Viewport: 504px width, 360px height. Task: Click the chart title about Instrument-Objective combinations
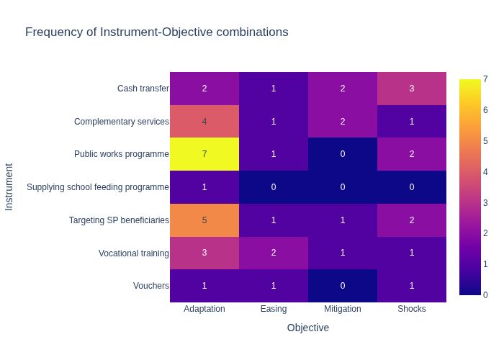(156, 32)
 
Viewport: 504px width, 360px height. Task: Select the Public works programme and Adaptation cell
(204, 154)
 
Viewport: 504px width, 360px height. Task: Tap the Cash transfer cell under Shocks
(412, 89)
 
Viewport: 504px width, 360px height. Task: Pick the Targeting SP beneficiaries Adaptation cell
(204, 220)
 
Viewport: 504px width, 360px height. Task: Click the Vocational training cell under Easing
(274, 253)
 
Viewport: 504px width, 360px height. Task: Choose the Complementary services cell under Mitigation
(343, 122)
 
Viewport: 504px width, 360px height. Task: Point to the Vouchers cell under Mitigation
(343, 286)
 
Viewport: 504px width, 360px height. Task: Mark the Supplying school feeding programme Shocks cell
(412, 187)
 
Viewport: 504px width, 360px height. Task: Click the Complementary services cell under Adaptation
(204, 122)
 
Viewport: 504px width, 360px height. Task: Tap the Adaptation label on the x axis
(204, 309)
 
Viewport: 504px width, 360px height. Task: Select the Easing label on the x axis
(274, 309)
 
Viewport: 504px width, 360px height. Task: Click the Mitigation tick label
(343, 309)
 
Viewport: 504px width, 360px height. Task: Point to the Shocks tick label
(412, 309)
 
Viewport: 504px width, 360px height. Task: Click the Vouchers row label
(151, 286)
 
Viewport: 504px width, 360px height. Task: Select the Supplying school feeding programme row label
(98, 187)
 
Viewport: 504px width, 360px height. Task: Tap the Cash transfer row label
(143, 89)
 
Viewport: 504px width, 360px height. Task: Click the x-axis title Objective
(308, 328)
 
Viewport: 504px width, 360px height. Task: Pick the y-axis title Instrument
(9, 186)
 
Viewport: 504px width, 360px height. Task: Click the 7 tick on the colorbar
(486, 79)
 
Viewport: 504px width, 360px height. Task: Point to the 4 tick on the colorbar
(486, 171)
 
